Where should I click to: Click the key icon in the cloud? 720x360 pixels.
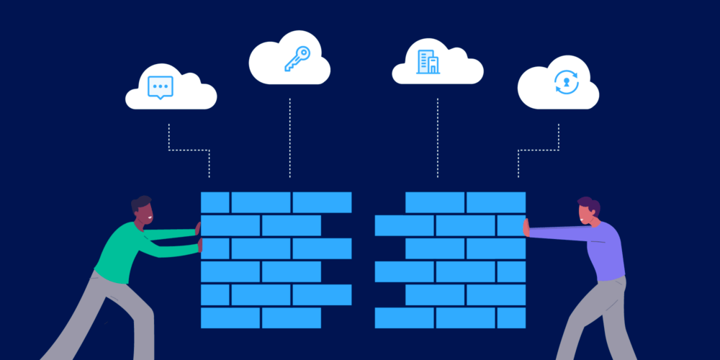click(x=296, y=58)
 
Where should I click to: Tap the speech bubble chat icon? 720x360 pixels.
click(x=159, y=87)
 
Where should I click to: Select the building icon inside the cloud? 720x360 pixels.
click(x=427, y=62)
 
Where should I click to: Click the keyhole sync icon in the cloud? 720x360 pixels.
click(x=566, y=82)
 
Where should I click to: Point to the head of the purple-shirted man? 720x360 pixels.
click(x=588, y=211)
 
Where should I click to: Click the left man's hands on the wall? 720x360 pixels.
click(x=199, y=238)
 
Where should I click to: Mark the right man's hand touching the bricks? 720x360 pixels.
click(x=526, y=228)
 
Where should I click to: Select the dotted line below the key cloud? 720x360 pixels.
click(x=290, y=137)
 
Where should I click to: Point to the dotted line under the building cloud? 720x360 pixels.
click(x=437, y=137)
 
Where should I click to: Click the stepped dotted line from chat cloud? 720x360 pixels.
click(x=189, y=150)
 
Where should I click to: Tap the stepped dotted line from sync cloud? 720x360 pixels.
click(x=539, y=150)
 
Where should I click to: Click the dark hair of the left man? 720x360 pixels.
click(x=140, y=202)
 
